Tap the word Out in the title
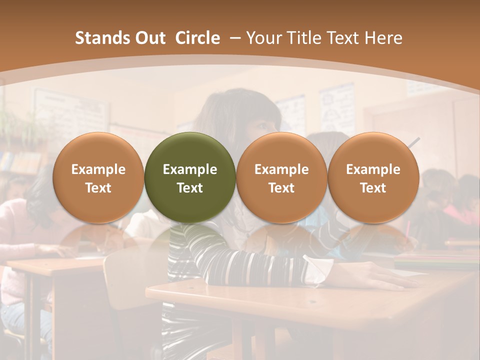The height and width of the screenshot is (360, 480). (149, 38)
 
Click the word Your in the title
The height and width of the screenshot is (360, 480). (264, 38)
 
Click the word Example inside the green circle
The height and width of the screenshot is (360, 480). (190, 169)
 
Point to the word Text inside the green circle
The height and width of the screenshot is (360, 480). (190, 188)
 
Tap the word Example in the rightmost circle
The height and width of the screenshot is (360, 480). (373, 169)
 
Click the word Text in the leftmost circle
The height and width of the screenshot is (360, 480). (98, 188)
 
